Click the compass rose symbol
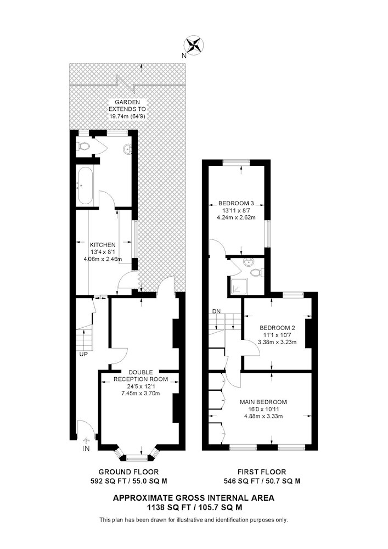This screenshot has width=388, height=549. (194, 46)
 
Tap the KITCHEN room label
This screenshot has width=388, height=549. (103, 245)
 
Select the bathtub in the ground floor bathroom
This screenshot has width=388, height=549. (85, 186)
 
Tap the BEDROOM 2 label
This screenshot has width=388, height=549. (278, 328)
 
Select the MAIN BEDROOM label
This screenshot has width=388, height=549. (263, 402)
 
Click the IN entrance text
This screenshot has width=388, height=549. (86, 449)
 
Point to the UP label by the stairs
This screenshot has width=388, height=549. (83, 354)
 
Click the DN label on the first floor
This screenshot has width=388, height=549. (216, 311)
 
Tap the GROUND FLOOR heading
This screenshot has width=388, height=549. (129, 472)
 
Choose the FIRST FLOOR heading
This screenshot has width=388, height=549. (262, 472)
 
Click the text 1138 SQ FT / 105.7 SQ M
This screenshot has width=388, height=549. (194, 507)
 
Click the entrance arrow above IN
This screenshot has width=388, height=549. (86, 441)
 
